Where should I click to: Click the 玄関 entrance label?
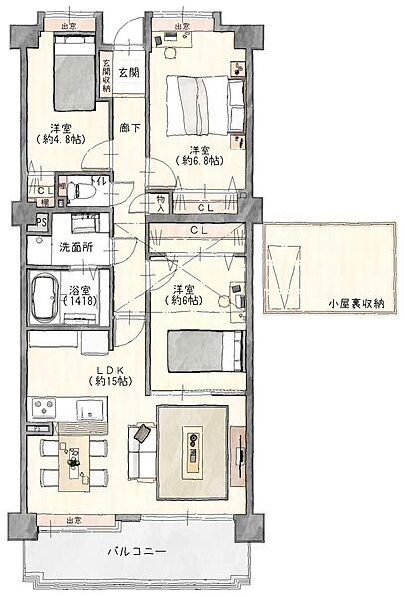tap(129, 73)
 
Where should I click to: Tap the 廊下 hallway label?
tap(129, 128)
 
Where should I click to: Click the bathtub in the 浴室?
tap(44, 295)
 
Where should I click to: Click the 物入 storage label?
tap(160, 204)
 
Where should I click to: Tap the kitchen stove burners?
tap(46, 408)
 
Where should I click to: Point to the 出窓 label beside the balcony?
tap(75, 520)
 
